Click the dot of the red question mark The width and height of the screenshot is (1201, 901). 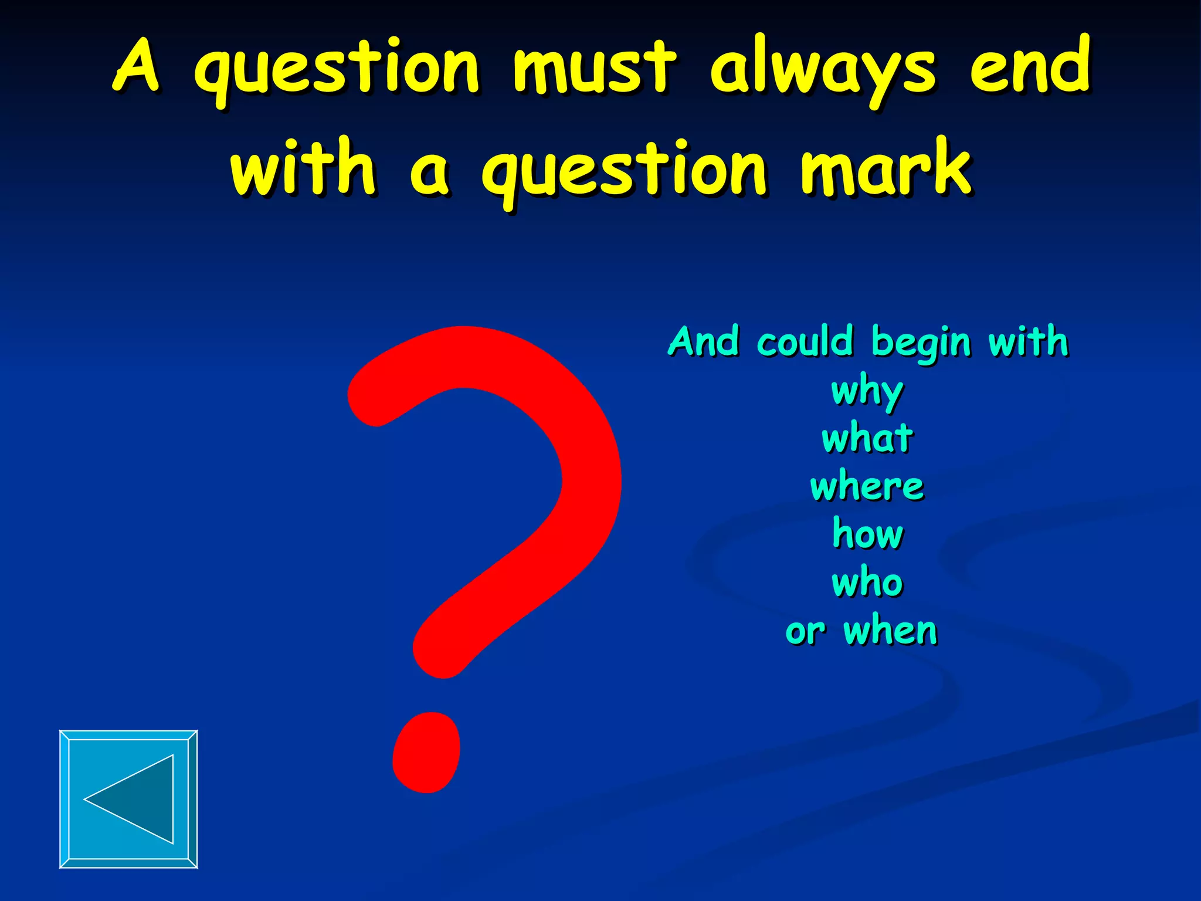pyautogui.click(x=426, y=753)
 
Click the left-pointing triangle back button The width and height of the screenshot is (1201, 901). pyautogui.click(x=128, y=799)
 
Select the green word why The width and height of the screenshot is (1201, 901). pyautogui.click(x=867, y=391)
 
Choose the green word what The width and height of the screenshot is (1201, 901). pyautogui.click(x=867, y=438)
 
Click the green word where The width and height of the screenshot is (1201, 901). pyautogui.click(x=867, y=486)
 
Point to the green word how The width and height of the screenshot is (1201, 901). pyautogui.click(x=868, y=534)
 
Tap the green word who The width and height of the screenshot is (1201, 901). pyautogui.click(x=867, y=582)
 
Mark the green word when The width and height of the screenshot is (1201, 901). pyautogui.click(x=890, y=631)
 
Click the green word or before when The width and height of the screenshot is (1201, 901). pyautogui.click(x=805, y=632)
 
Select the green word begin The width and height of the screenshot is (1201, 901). pyautogui.click(x=921, y=343)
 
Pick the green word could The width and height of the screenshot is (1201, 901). pyautogui.click(x=805, y=341)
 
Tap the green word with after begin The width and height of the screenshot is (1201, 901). pyautogui.click(x=1028, y=341)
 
